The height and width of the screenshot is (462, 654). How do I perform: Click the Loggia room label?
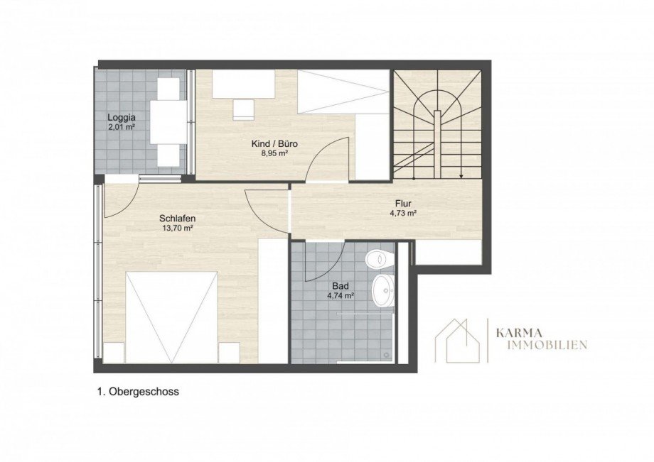[122, 117]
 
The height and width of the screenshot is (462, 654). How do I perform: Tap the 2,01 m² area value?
[122, 127]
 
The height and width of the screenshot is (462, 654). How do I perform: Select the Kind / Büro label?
[274, 144]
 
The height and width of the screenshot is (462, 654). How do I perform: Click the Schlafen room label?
[178, 218]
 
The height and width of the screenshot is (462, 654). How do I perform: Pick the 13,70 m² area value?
[178, 228]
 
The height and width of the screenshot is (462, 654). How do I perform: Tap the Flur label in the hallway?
[404, 204]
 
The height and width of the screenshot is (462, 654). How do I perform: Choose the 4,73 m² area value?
[404, 213]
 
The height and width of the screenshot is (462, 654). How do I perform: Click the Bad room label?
[341, 287]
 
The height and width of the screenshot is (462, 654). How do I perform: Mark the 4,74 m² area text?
[341, 296]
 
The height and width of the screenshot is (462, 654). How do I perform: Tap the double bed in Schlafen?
[171, 317]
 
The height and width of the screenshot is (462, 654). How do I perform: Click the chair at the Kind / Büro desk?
[243, 109]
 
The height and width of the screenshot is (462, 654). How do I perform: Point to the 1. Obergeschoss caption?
[138, 392]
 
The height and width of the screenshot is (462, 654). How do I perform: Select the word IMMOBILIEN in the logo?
[542, 345]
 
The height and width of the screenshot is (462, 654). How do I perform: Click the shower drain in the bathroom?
[387, 356]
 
